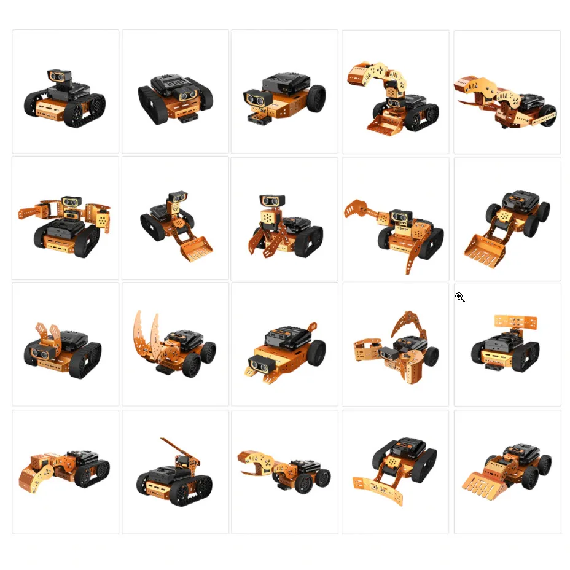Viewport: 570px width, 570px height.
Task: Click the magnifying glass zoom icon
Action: click(x=459, y=297)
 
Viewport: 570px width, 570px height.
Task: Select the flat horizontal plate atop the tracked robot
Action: click(x=515, y=322)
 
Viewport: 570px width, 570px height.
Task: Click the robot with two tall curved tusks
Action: click(x=174, y=343)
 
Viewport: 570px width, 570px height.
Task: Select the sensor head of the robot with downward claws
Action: click(x=271, y=201)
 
